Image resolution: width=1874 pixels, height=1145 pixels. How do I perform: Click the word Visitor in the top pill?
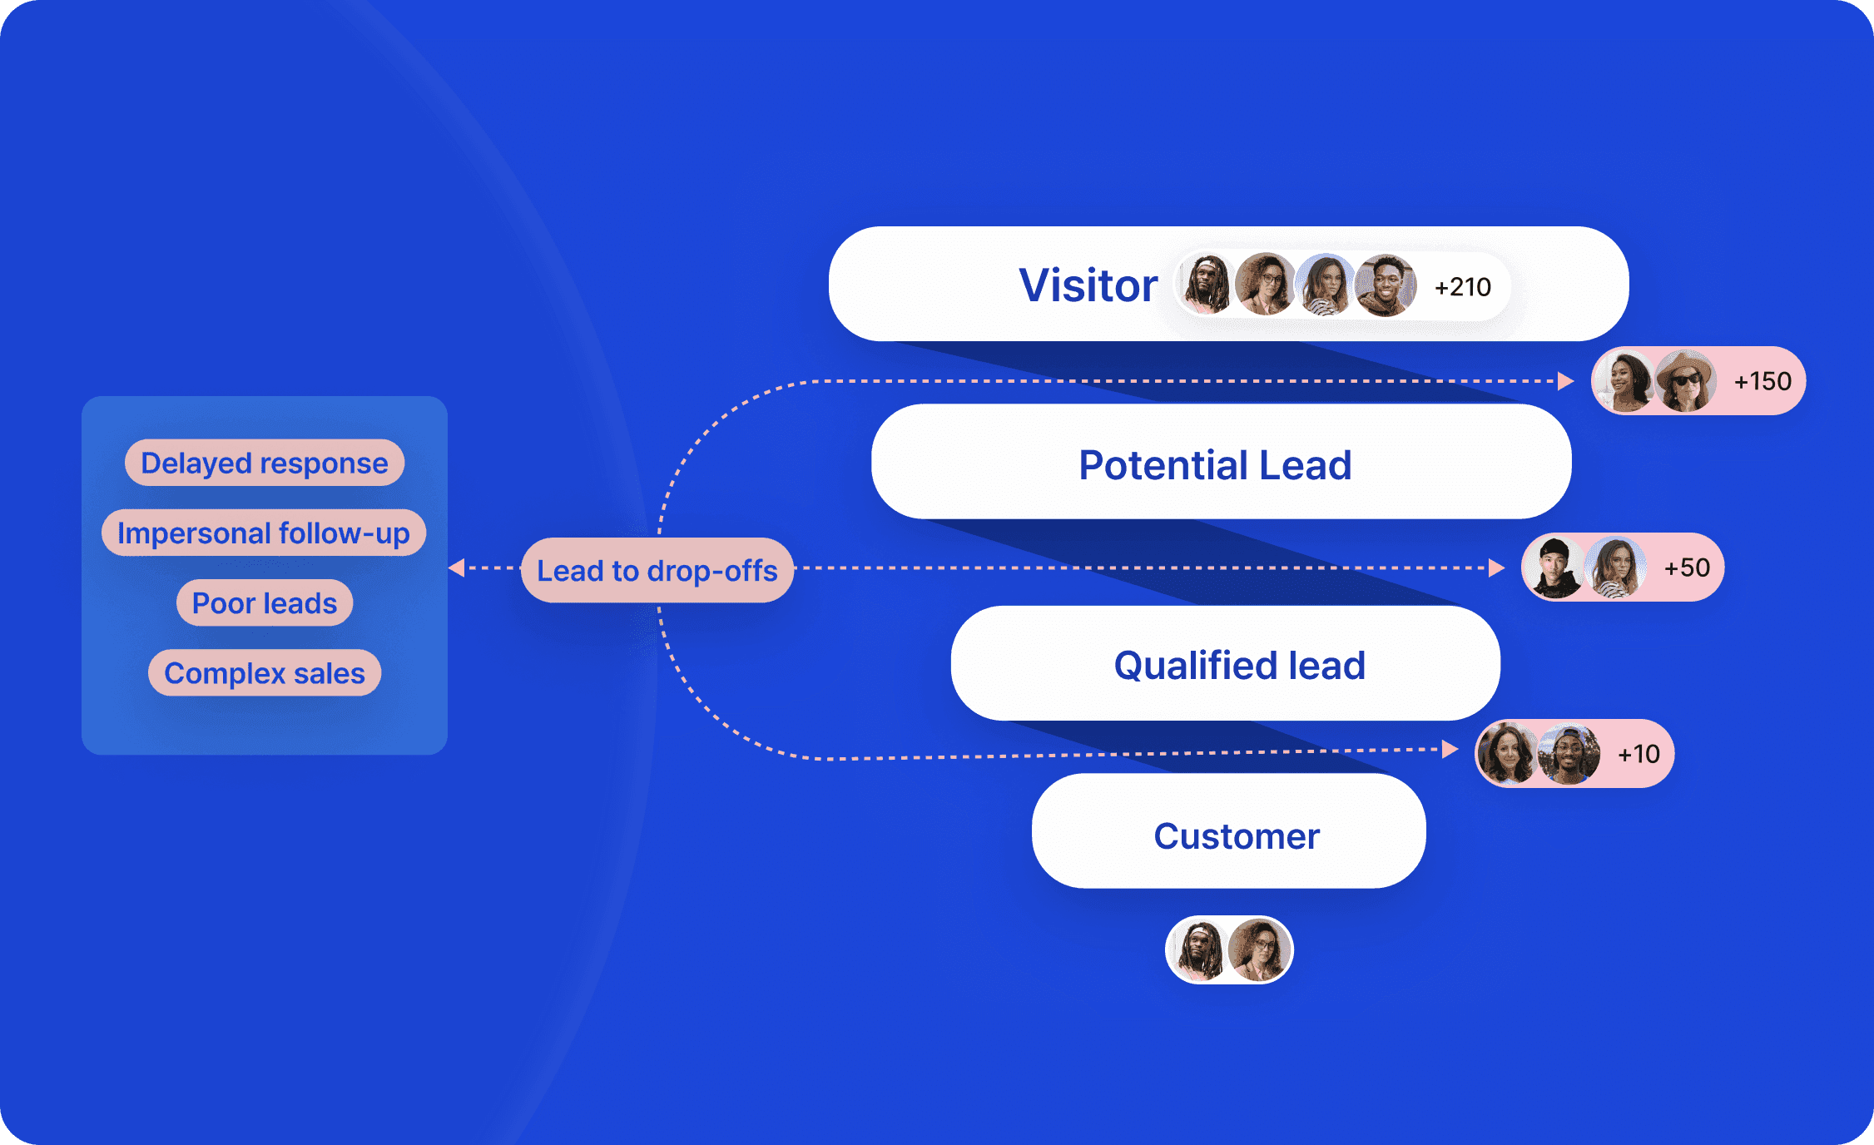(1088, 285)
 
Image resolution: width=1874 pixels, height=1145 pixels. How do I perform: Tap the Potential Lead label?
(1215, 464)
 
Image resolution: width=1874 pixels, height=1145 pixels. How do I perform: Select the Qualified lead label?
(1239, 665)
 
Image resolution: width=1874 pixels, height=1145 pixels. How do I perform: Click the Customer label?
(1236, 835)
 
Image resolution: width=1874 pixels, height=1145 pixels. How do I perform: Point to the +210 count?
(1462, 287)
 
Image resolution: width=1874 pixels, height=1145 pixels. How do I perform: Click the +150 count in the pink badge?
(1762, 381)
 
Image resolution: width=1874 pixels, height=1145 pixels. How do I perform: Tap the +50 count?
(1686, 568)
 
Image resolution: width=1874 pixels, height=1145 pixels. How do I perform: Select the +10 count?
(1638, 754)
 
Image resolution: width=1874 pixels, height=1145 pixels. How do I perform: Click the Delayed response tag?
(264, 463)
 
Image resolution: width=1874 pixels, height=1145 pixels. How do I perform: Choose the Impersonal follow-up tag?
(263, 533)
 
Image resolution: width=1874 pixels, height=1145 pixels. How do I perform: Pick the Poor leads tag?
(264, 602)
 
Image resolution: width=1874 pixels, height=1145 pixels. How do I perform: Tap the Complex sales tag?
(264, 672)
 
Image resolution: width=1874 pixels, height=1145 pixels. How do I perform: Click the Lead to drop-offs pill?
(657, 570)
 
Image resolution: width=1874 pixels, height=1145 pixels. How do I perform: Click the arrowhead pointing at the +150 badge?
(1565, 381)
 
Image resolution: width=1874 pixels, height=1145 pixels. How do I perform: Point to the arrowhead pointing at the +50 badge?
(1496, 568)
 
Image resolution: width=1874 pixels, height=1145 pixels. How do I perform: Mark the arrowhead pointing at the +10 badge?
(1450, 749)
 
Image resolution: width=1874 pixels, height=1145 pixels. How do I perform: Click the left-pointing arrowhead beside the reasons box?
(456, 568)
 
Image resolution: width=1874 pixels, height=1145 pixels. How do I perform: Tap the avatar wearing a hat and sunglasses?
(1684, 381)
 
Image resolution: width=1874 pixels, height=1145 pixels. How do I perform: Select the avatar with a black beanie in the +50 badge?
(1553, 568)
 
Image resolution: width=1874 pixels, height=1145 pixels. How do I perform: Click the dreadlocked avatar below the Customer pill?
(1199, 949)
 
